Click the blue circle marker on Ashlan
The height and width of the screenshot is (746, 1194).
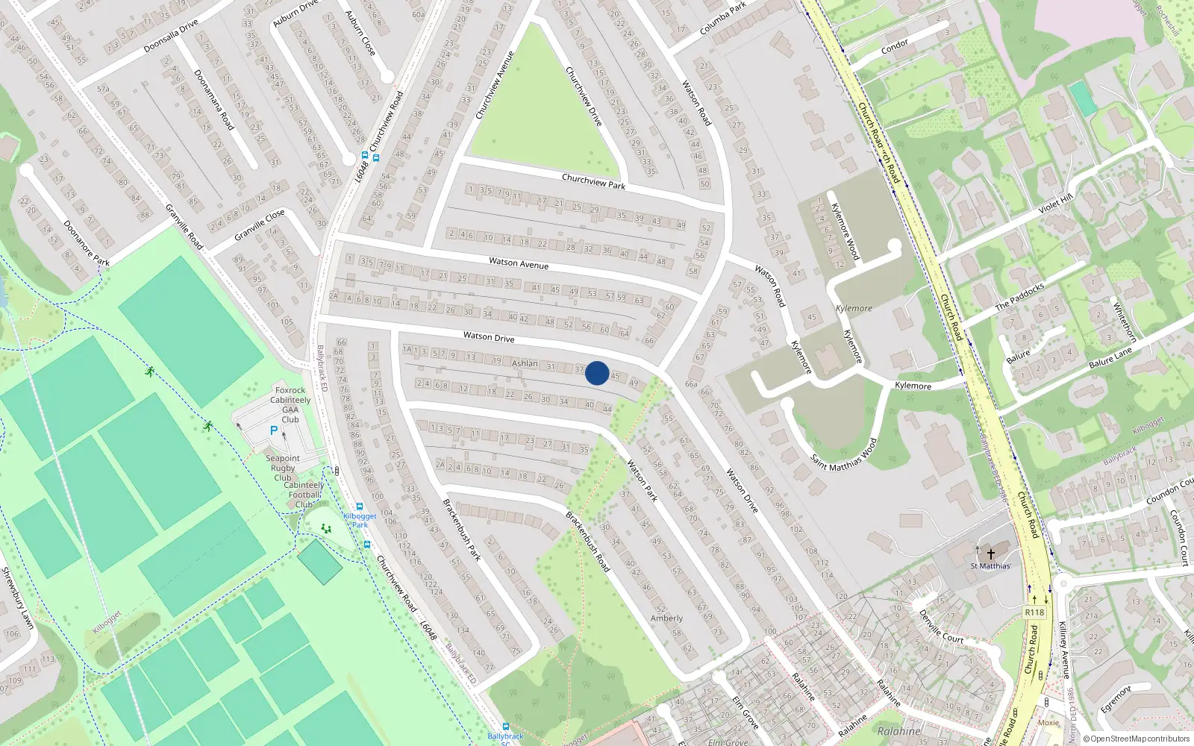(x=596, y=373)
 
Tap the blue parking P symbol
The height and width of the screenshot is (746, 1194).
(x=274, y=430)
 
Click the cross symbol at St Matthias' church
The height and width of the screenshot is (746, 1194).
(x=991, y=554)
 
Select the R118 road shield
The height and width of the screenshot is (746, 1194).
(x=1034, y=612)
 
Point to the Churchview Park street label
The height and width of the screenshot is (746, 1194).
(x=593, y=181)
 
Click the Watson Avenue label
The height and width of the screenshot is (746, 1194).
(x=519, y=263)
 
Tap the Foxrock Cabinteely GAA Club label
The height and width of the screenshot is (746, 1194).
(x=290, y=404)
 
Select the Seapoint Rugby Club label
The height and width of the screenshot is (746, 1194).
(x=283, y=468)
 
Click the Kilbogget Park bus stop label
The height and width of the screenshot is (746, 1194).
(x=360, y=520)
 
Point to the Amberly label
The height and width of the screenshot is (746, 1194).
(x=666, y=618)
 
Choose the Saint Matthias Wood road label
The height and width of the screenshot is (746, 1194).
(x=844, y=454)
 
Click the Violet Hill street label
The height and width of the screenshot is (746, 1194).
(x=1055, y=203)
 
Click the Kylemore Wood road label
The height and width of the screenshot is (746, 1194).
(x=846, y=231)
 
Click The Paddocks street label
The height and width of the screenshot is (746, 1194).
(x=1019, y=296)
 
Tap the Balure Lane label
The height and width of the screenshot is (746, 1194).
(x=1110, y=357)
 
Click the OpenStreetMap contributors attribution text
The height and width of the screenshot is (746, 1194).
(x=1136, y=739)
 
